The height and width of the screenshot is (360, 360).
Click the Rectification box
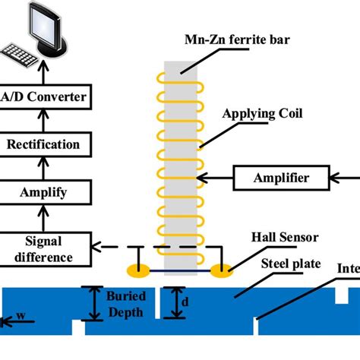pyautogui.click(x=43, y=144)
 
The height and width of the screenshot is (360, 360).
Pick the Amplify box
pyautogui.click(x=43, y=191)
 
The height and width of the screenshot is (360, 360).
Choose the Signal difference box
pyautogui.click(x=43, y=248)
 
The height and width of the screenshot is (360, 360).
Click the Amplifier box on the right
pyautogui.click(x=282, y=178)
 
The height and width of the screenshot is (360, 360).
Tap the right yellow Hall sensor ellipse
pyautogui.click(x=222, y=270)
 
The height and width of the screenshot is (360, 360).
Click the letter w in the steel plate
pyautogui.click(x=21, y=314)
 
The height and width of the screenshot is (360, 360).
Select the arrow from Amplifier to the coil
pyautogui.click(x=214, y=178)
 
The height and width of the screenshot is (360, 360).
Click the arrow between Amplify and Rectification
pyautogui.click(x=43, y=168)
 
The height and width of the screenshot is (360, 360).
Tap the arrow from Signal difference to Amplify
pyautogui.click(x=43, y=218)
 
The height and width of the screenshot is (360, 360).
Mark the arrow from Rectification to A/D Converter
pyautogui.click(x=43, y=121)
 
